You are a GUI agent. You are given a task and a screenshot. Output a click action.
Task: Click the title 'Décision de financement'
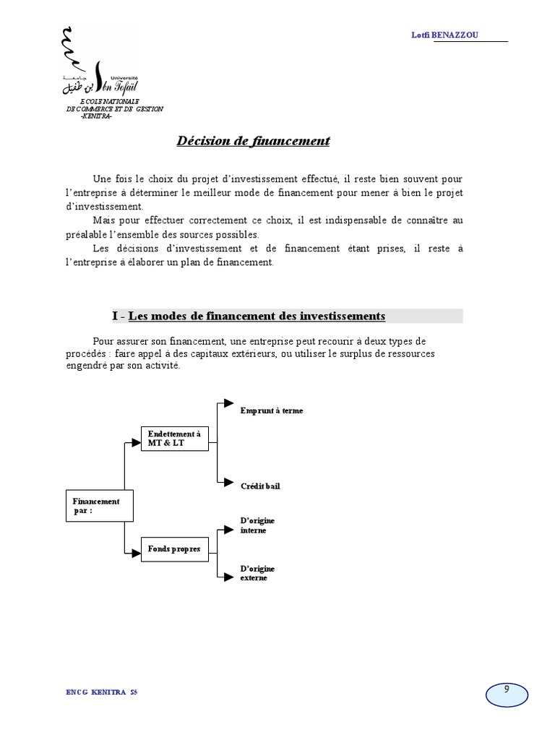tap(253, 141)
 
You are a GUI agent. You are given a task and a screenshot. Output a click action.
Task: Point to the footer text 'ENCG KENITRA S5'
tap(101, 692)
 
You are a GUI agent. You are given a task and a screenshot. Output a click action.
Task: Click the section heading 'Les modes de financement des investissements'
tap(257, 317)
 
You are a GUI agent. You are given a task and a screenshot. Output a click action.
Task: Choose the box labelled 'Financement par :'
tap(95, 505)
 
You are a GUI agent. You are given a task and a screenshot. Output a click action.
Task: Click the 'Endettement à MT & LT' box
tap(174, 438)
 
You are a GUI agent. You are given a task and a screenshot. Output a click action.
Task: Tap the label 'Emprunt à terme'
tap(272, 410)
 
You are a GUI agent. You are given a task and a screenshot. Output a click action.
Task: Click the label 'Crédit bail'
tap(260, 486)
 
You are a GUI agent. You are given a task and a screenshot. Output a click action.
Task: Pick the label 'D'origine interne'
tap(257, 525)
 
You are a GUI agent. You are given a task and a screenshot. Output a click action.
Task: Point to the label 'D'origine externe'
tap(257, 574)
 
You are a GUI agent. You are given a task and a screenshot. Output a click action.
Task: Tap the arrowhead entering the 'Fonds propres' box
tap(135, 554)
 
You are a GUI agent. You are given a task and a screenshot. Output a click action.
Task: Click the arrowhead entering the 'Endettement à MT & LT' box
tap(135, 442)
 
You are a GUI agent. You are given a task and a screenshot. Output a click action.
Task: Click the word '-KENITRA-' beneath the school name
tap(96, 116)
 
